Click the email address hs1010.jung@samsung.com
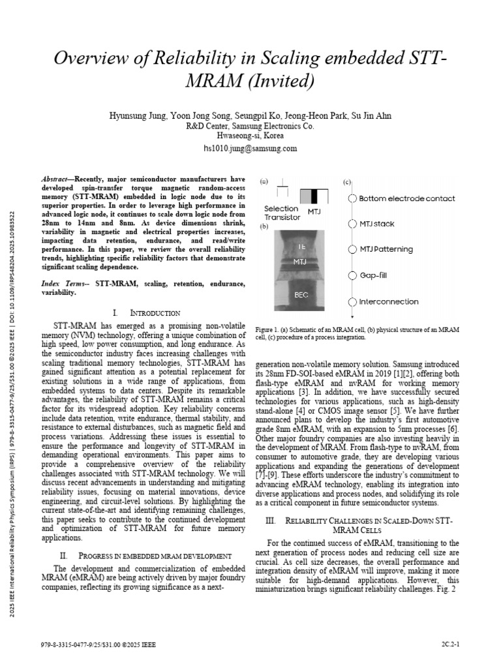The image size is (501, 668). [250, 148]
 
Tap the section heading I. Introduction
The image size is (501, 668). [146, 313]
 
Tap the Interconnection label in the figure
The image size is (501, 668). [388, 301]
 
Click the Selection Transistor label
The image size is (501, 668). [282, 213]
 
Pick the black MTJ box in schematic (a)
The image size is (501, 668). [314, 196]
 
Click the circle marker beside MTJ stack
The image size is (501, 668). [352, 224]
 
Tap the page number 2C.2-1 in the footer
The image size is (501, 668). [450, 645]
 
